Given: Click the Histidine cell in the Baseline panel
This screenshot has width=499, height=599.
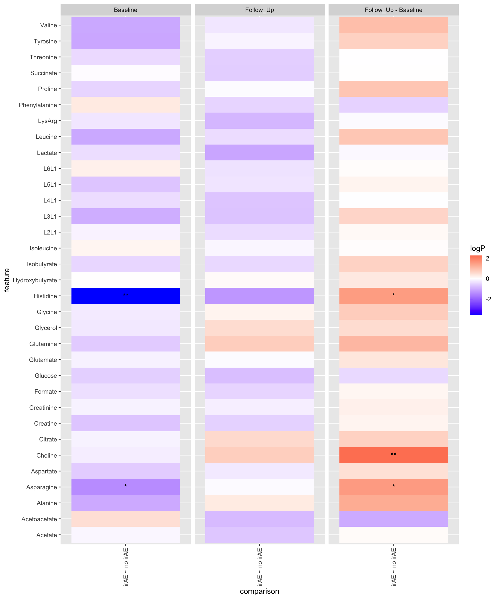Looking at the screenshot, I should point(126,296).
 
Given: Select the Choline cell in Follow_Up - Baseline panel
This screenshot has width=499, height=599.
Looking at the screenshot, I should point(393,455).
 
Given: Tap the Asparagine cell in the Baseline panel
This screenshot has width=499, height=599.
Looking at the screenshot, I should point(126,487).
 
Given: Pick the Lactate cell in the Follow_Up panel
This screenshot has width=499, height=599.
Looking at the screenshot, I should point(259,153).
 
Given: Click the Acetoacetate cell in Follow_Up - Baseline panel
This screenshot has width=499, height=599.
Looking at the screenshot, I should point(393,519).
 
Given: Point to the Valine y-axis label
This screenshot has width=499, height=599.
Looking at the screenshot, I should point(49,25).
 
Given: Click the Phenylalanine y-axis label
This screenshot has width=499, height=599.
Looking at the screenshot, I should point(38,105).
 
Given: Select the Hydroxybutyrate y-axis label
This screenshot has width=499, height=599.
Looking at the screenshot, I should point(35,280).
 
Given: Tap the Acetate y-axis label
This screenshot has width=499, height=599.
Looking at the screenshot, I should point(47,535).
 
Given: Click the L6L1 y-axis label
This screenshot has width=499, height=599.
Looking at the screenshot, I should point(50,168).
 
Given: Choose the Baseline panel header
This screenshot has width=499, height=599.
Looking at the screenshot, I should point(126,10).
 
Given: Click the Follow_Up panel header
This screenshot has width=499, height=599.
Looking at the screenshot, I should point(259,10).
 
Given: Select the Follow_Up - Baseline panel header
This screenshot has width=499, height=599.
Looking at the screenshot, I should point(393,10).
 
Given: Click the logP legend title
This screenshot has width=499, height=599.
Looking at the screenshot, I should point(477,249).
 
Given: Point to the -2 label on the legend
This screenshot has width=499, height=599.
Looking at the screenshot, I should point(488,299).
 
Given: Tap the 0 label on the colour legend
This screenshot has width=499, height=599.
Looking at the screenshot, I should point(487,279).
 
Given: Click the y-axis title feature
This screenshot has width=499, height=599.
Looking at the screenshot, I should point(7,280).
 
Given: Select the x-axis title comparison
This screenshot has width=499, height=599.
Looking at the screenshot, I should point(259,591).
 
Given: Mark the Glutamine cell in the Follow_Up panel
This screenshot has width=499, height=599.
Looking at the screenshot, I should point(259,344).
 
